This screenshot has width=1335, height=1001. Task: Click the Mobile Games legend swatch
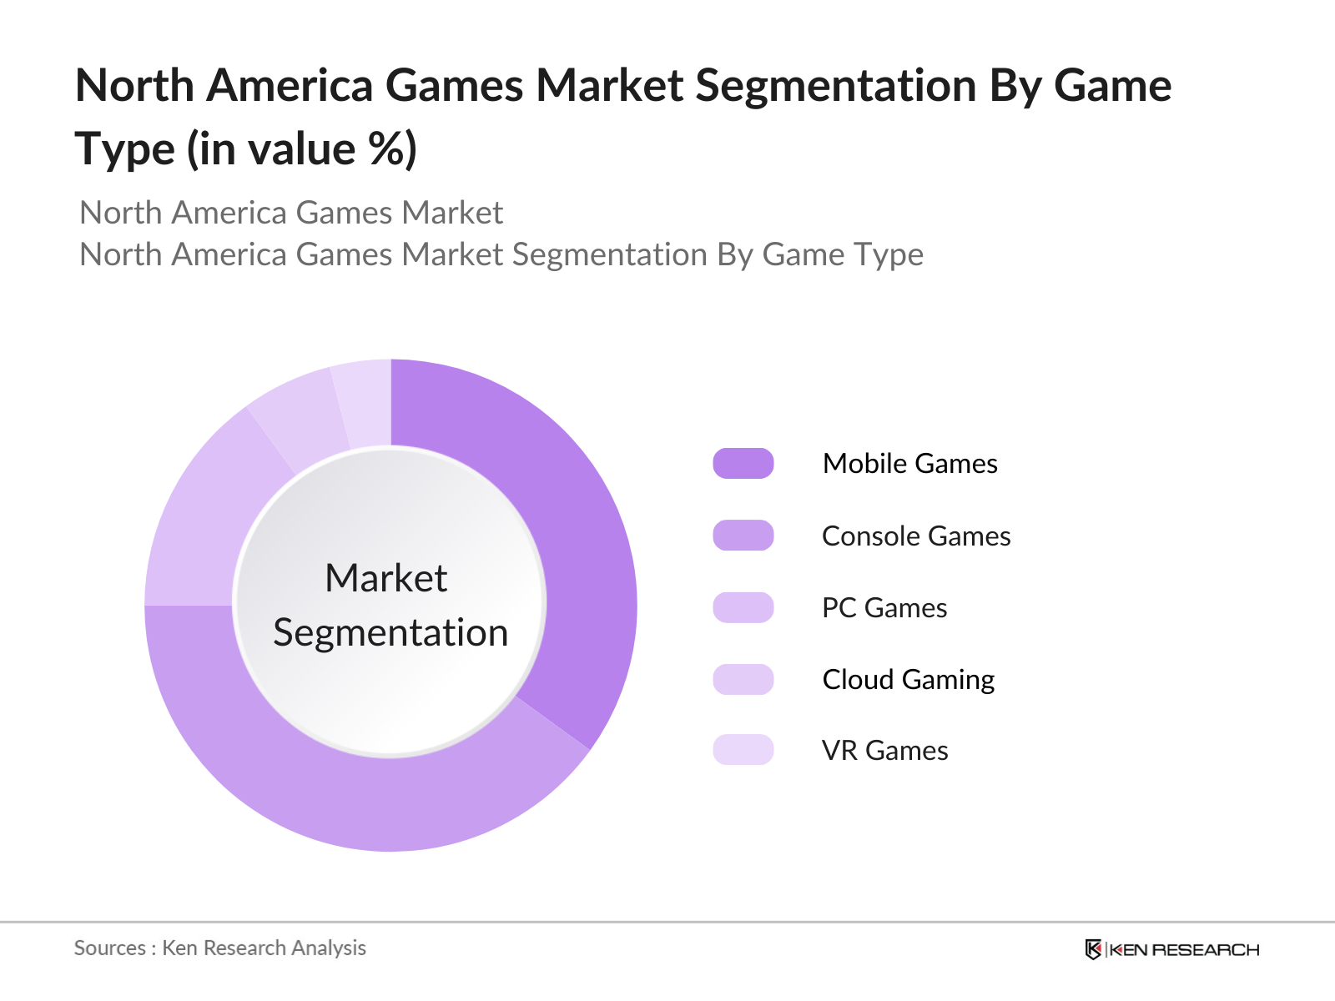743,464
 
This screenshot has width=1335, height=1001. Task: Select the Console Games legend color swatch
743,536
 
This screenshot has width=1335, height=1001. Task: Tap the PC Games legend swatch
743,607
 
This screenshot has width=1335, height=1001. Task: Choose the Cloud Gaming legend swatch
743,679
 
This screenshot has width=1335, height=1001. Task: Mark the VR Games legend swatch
743,750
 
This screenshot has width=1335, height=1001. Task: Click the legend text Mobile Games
909,464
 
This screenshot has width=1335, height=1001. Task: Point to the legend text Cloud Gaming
908,680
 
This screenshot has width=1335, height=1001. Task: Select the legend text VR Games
884,751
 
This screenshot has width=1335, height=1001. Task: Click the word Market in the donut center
386,578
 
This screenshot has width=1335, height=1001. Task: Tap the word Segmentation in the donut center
390,632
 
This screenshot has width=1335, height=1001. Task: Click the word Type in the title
125,150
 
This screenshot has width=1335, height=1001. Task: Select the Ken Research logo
1171,949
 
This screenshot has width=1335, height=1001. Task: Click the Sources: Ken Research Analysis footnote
220,948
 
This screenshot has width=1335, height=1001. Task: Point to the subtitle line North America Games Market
291,213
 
